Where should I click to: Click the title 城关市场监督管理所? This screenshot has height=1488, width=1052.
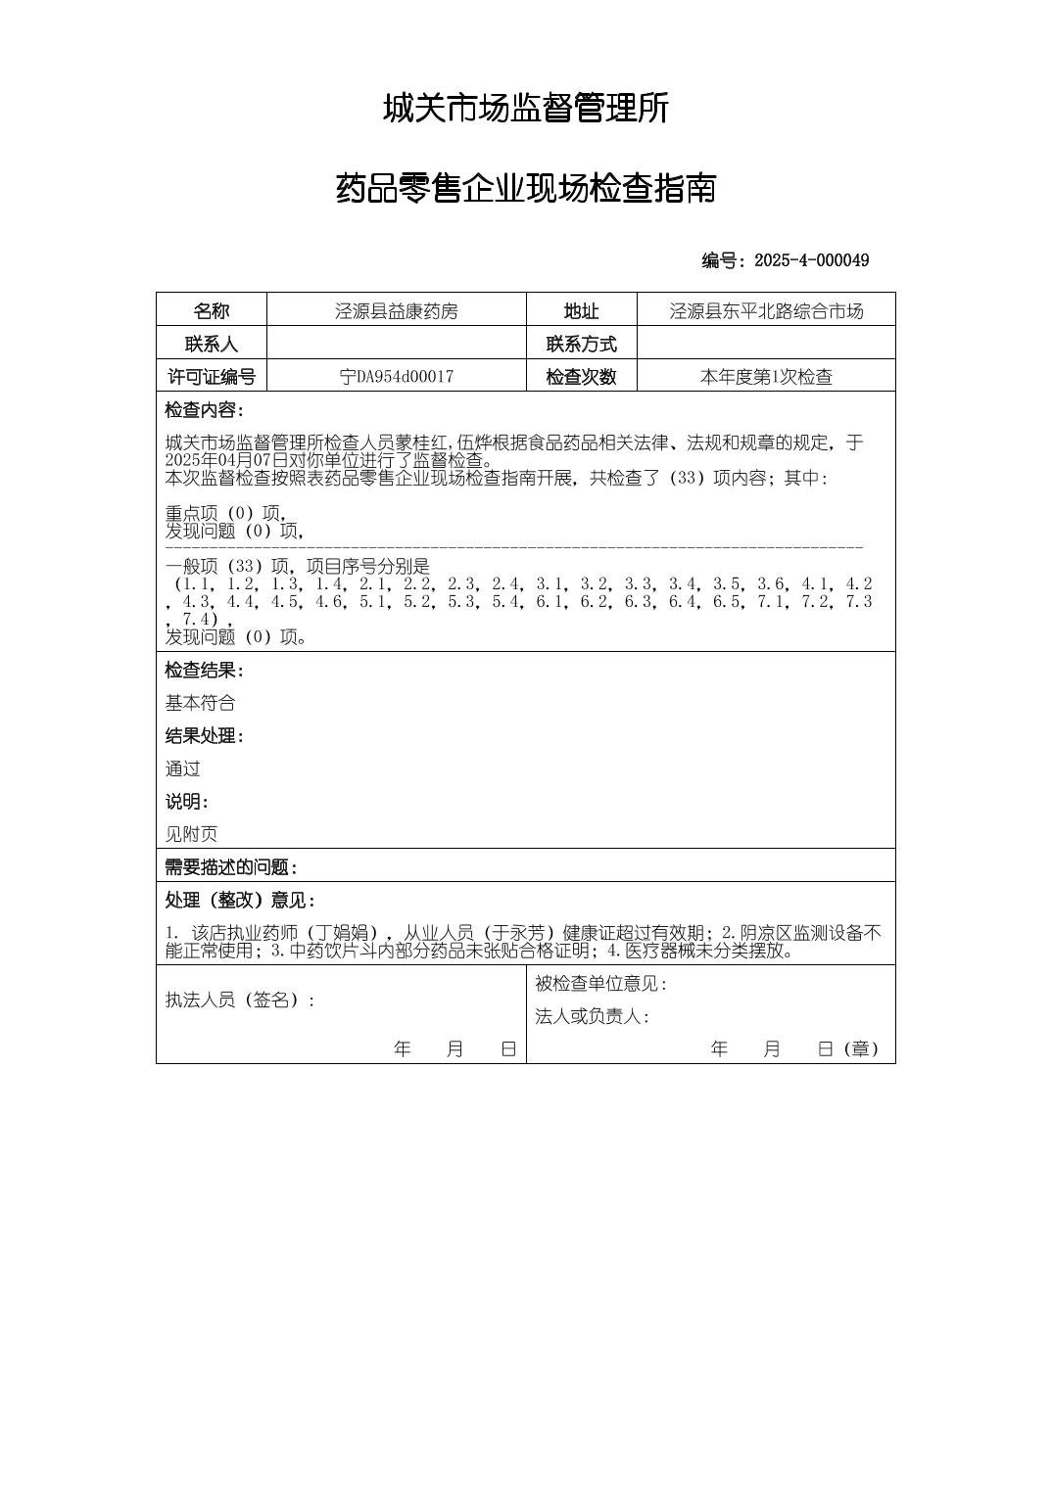point(525,109)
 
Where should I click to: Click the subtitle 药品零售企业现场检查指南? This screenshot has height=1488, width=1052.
point(525,188)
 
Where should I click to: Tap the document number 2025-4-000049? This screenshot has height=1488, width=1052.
point(811,260)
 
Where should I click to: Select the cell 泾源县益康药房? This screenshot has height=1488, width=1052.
point(396,311)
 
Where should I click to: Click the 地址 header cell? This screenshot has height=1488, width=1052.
point(581,311)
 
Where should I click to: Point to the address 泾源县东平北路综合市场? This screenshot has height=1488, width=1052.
point(766,311)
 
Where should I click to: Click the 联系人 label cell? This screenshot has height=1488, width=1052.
point(211,345)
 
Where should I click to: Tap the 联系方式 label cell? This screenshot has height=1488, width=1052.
point(581,345)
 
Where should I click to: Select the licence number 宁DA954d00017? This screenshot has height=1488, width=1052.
point(396,377)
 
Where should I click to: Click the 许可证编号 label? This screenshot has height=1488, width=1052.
point(211,377)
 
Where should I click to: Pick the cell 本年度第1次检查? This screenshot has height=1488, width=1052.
point(766,377)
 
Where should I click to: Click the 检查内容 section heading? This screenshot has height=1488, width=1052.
point(204,410)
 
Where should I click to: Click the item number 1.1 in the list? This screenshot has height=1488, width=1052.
point(196,584)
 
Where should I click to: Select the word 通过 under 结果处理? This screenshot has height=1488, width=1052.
point(182,768)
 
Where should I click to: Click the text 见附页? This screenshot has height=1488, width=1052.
point(191,834)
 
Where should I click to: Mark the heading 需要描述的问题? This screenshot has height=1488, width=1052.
point(230,867)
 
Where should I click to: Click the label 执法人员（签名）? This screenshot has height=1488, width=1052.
point(240,1000)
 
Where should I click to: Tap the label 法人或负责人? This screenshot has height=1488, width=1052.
point(592,1017)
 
